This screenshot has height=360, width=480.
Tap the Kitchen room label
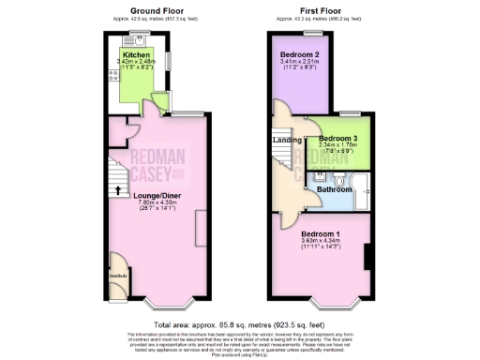point(137,55)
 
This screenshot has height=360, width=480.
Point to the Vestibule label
point(118,276)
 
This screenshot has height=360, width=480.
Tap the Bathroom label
point(334,188)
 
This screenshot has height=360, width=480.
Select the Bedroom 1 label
point(321,233)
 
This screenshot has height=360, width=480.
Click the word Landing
point(287,141)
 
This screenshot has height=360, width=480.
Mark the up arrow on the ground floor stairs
point(117,192)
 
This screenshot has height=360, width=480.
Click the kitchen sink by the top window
point(140,39)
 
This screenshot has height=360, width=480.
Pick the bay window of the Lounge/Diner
point(167,304)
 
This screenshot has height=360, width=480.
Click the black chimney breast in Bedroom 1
point(367,254)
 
